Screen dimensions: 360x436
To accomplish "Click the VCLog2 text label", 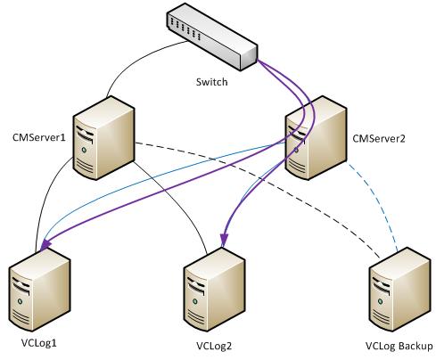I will click(x=215, y=345).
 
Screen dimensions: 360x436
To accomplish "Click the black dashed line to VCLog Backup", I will click(x=267, y=178).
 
